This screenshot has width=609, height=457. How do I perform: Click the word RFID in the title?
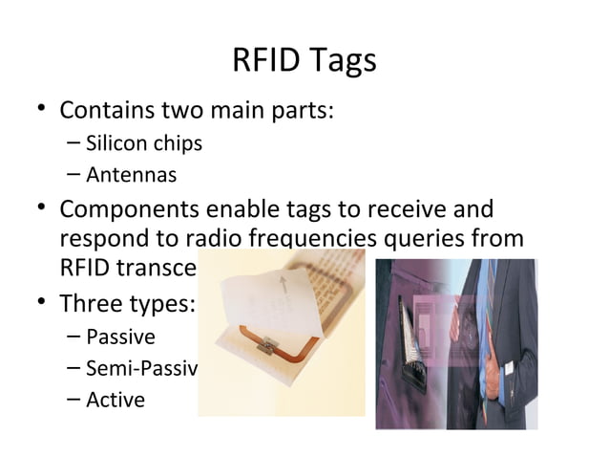click(263, 61)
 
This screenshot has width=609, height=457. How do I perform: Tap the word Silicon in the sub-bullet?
click(115, 144)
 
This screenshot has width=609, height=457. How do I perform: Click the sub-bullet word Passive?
click(120, 337)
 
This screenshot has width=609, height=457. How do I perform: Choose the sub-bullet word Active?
click(115, 399)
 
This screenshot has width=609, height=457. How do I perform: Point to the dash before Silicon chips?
click(74, 144)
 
